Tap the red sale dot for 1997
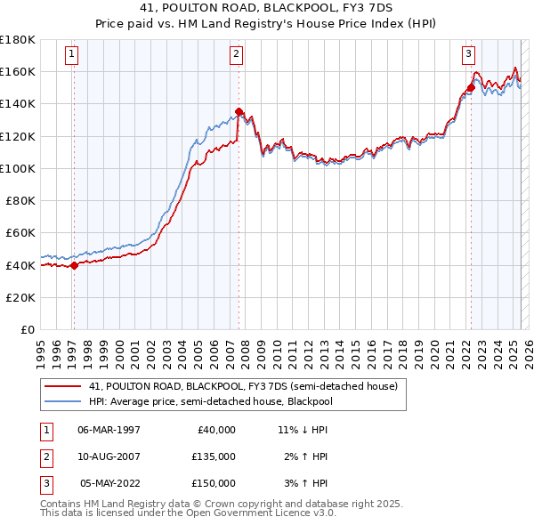point(74,264)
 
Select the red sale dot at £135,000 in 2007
point(239,111)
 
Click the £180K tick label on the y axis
point(18,39)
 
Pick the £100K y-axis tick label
point(18,168)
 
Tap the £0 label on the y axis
point(27,329)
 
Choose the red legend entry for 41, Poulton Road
point(247,386)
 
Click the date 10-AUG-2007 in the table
point(109,456)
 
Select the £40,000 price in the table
point(216,430)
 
